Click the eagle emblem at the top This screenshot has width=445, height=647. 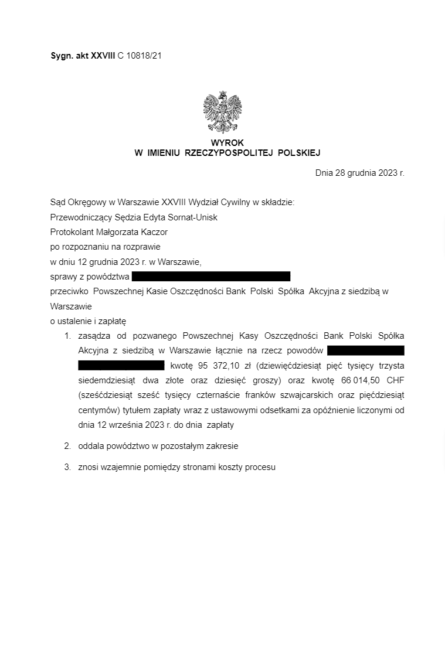click(x=223, y=112)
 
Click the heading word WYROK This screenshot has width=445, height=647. click(x=227, y=143)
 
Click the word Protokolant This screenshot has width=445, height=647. click(x=72, y=232)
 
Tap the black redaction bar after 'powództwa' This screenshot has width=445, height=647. click(x=211, y=277)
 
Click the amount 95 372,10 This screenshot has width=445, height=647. click(x=219, y=366)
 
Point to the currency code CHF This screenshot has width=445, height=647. click(x=395, y=380)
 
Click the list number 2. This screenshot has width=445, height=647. click(x=67, y=446)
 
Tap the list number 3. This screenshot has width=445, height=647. click(x=67, y=467)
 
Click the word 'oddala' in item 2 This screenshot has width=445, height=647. click(x=90, y=446)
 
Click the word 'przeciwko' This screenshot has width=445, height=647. click(x=69, y=291)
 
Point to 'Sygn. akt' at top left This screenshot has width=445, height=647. click(x=69, y=56)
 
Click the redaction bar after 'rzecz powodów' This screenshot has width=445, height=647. click(x=366, y=350)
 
